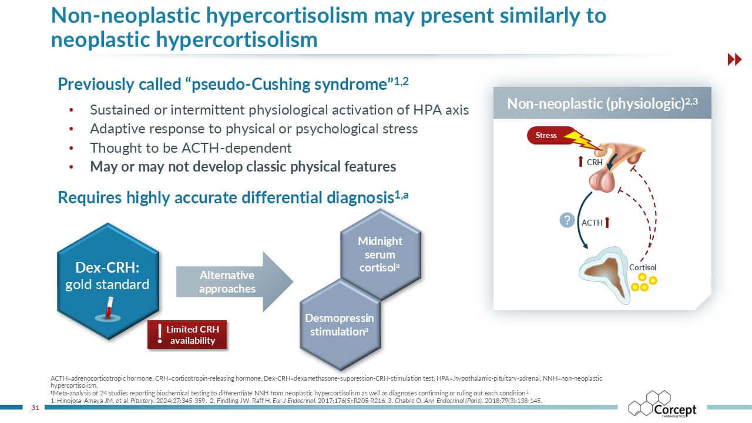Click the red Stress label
(546, 136)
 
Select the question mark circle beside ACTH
(566, 221)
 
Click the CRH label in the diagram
(595, 162)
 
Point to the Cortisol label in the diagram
(642, 267)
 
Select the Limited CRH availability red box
(187, 335)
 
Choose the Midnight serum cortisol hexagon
(380, 254)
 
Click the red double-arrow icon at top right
(734, 59)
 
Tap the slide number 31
(35, 407)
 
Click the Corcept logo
(663, 405)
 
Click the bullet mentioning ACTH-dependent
(190, 147)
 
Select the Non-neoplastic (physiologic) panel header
(602, 103)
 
